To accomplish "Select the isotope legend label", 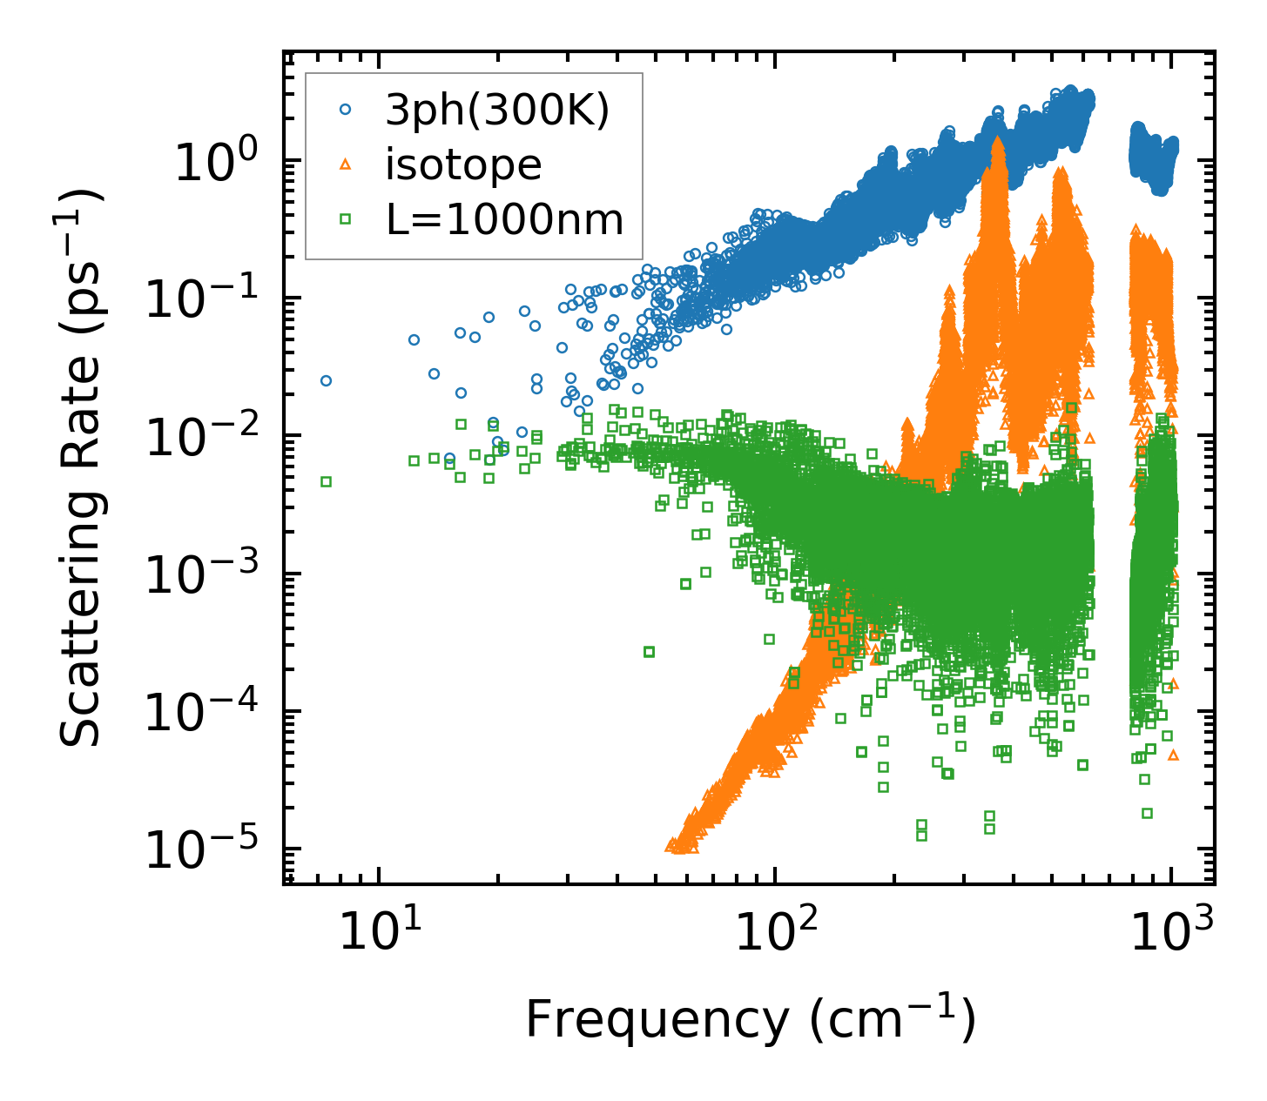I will point(463,164).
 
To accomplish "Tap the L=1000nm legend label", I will point(505,219).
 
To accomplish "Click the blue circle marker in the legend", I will point(346,110).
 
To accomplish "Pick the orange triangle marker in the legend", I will point(346,164).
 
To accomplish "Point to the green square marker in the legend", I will point(346,219).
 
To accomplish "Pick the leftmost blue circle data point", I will point(326,380).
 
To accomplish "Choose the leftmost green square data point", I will point(326,481).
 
